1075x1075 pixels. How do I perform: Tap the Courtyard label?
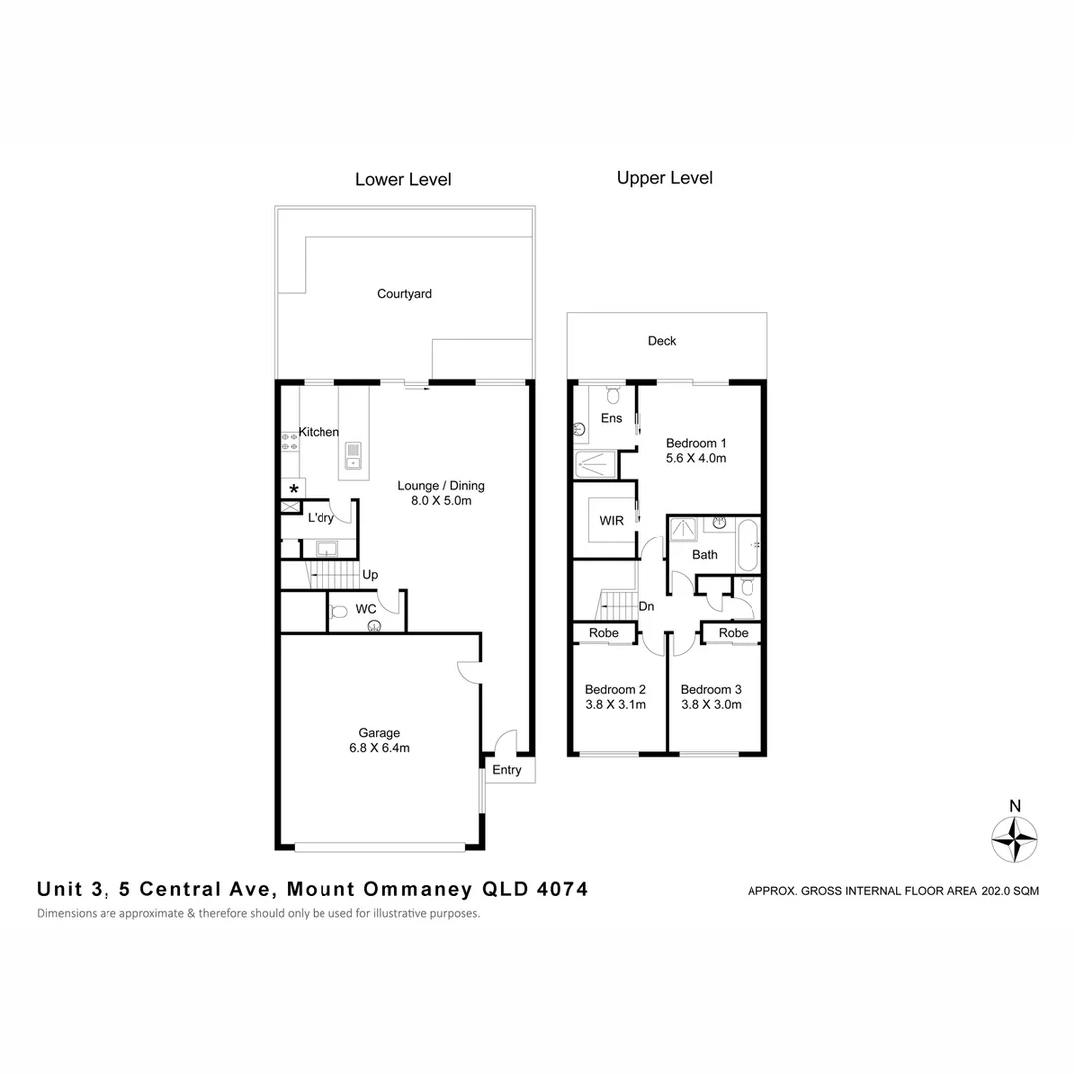(404, 294)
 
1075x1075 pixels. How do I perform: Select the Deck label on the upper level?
(662, 341)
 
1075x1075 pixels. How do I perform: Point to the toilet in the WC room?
(337, 611)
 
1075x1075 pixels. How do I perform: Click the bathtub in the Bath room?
(748, 545)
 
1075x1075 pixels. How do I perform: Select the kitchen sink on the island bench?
(353, 457)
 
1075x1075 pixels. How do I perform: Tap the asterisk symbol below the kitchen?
(293, 489)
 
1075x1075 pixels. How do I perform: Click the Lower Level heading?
(403, 180)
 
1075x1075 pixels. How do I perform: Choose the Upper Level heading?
(664, 178)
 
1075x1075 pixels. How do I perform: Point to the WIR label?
(611, 521)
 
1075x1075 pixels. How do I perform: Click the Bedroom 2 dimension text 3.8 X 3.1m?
(615, 705)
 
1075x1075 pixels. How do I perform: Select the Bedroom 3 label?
(711, 689)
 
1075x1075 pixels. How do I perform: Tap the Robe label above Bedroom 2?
(604, 633)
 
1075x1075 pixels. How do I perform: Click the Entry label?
(507, 770)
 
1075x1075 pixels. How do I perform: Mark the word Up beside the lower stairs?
(370, 575)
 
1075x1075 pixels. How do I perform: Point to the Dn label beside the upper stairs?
(645, 605)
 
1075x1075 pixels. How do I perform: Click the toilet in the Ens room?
(611, 394)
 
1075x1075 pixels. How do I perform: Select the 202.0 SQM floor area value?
(1010, 892)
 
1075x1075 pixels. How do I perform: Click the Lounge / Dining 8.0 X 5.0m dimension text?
(441, 501)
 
